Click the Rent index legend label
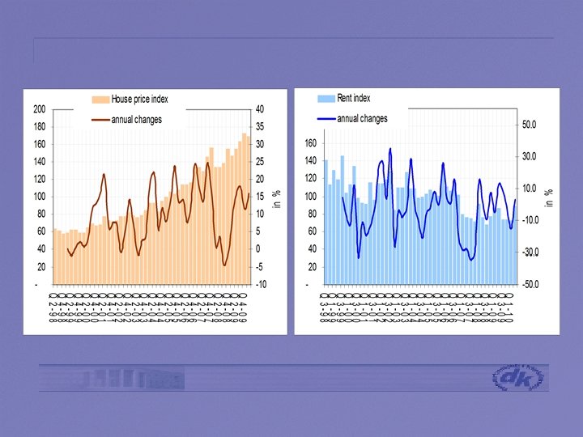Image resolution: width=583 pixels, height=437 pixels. point(354,98)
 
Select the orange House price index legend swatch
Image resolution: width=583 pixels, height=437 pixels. point(100,100)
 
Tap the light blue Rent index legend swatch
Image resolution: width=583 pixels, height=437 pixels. point(324,98)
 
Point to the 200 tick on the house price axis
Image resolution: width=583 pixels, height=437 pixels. point(39,109)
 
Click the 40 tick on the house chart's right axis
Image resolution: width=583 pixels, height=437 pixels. point(259,109)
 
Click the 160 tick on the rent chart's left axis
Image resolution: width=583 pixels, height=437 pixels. point(309,143)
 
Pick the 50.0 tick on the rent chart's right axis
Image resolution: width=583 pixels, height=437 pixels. point(530,125)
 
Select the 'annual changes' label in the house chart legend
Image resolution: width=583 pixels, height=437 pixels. point(136,120)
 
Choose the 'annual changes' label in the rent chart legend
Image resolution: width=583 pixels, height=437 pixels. point(362,118)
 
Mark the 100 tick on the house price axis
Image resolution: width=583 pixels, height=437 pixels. point(39,197)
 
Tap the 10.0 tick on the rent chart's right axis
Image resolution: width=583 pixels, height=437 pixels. point(530,189)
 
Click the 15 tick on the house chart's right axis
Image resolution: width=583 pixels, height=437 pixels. point(259,197)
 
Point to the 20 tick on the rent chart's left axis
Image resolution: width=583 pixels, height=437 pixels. point(312,267)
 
